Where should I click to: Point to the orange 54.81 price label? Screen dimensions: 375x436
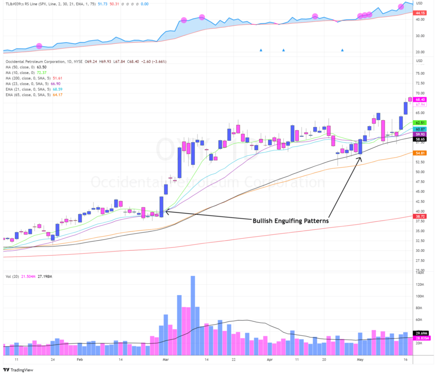[420, 153]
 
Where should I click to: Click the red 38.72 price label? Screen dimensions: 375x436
[420, 217]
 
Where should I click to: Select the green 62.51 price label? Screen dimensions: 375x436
[420, 123]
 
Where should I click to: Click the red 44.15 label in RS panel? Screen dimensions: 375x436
[420, 13]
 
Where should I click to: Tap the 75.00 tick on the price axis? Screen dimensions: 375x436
[420, 73]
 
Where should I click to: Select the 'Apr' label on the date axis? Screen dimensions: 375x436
[269, 360]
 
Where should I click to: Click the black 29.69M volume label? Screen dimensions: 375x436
[420, 333]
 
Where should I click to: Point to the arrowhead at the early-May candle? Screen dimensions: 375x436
[360, 159]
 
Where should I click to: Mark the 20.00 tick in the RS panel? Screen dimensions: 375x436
[420, 52]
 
